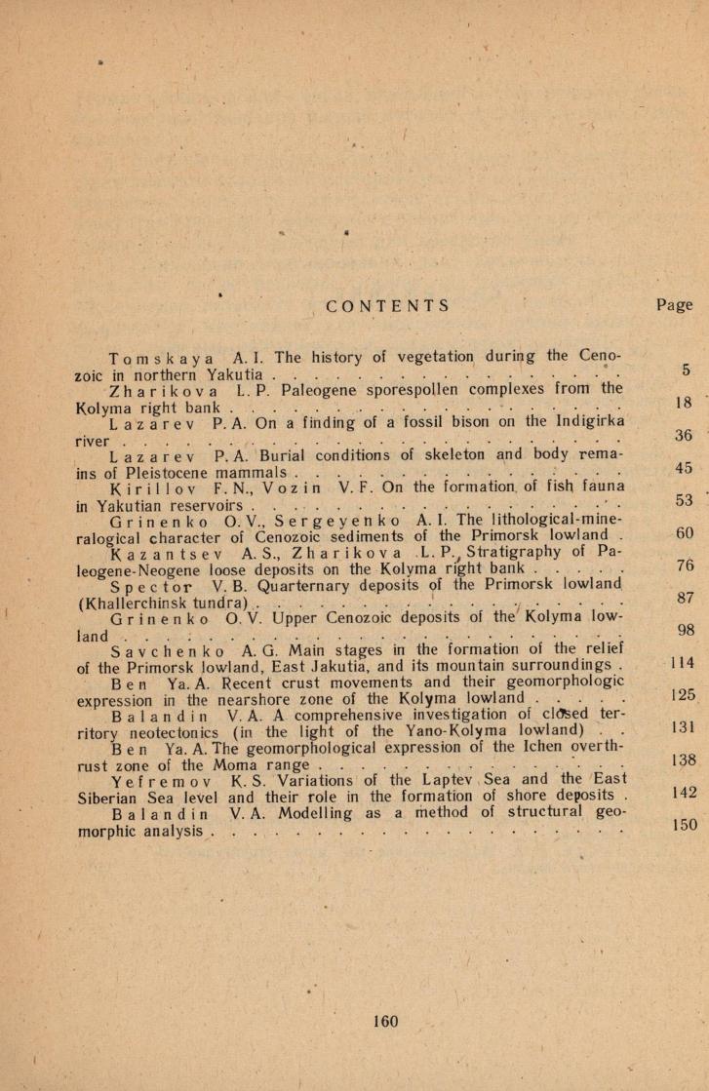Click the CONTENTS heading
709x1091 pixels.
click(388, 306)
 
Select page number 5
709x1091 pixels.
click(687, 370)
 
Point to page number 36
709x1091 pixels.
click(683, 436)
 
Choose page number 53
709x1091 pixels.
click(683, 501)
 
